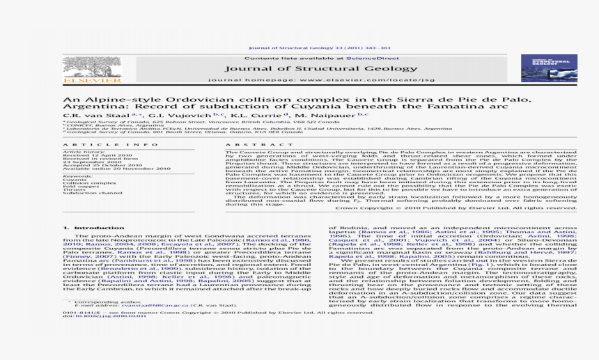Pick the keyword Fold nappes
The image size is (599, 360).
pos(77,185)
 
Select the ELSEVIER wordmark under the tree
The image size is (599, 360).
pos(82,81)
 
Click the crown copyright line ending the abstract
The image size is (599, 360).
pos(456,208)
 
